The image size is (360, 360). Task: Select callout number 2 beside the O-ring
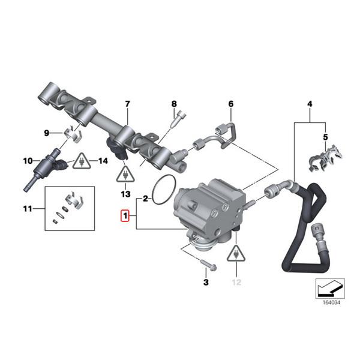(145, 197)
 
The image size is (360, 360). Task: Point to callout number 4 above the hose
(310, 104)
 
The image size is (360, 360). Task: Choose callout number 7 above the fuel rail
(127, 104)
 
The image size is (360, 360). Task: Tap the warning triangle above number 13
(125, 175)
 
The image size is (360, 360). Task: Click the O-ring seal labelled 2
(163, 190)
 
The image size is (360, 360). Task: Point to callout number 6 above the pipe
(230, 104)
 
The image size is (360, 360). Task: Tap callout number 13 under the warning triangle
(125, 194)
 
